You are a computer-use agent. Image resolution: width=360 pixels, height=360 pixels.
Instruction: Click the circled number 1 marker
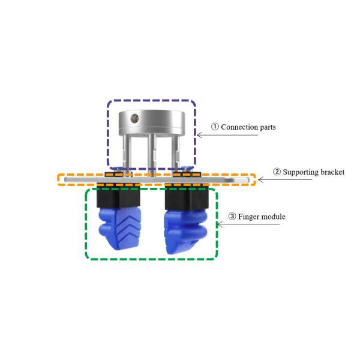[x=215, y=127]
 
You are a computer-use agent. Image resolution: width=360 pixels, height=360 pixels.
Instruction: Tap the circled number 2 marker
[x=277, y=172]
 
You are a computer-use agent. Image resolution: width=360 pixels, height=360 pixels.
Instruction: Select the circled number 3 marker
[x=232, y=216]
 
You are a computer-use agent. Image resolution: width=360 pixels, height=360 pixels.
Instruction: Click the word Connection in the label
[x=239, y=127]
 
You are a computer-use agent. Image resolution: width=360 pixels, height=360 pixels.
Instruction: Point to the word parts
[x=267, y=128]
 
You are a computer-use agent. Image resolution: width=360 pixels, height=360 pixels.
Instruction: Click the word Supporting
[x=299, y=172]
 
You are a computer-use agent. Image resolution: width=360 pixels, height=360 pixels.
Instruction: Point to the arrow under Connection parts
[x=227, y=135]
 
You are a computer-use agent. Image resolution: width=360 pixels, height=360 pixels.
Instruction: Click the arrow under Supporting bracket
[x=285, y=179]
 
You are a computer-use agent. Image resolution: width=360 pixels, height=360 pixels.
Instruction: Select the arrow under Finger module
[x=248, y=224]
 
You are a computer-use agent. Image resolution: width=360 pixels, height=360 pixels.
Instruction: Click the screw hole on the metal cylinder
[x=134, y=118]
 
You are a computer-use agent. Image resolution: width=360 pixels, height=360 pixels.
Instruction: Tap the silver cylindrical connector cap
[x=152, y=122]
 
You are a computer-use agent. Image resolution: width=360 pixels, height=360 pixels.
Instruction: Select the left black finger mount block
[x=118, y=197]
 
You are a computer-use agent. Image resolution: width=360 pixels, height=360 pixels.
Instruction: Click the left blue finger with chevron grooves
[x=120, y=228]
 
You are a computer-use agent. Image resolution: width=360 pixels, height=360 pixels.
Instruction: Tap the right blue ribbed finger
[x=186, y=232]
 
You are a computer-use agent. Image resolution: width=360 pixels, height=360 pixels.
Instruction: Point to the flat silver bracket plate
[x=157, y=180]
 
